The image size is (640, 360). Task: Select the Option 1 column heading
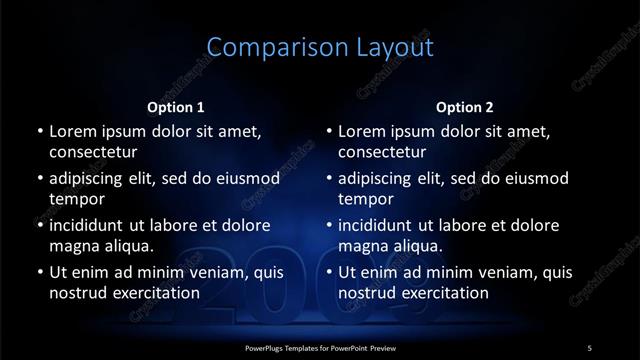tap(176, 106)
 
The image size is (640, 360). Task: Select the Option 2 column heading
tap(466, 106)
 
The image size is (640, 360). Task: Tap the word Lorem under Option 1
tap(74, 131)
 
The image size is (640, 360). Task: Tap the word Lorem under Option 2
tap(364, 131)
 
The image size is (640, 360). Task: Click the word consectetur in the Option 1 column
tap(93, 152)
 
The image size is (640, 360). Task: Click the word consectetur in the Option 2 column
tap(383, 152)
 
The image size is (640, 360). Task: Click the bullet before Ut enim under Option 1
tap(38, 272)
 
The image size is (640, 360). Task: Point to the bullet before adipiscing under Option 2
tap(328, 178)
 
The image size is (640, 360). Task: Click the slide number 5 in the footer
tap(589, 346)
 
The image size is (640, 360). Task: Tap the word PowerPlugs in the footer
tap(267, 346)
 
